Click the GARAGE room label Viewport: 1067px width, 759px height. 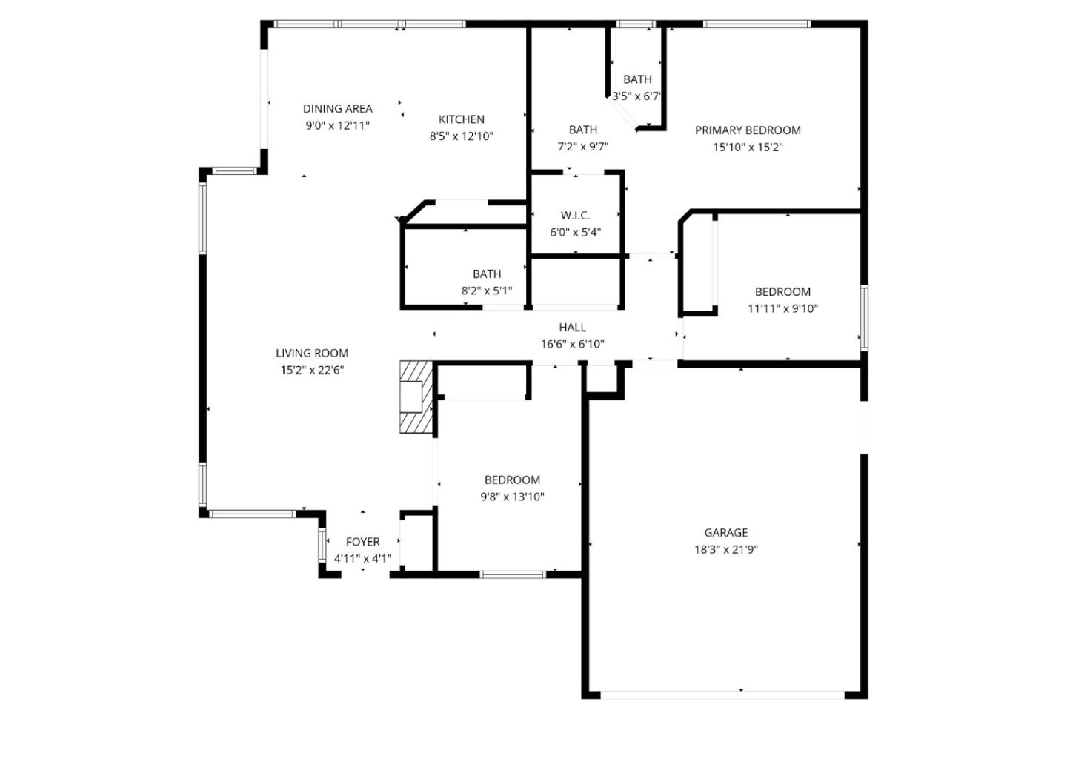pos(725,532)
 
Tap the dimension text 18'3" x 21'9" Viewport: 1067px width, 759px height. pos(725,549)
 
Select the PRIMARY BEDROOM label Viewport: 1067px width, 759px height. pos(748,130)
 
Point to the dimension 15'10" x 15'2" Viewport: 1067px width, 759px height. pos(748,147)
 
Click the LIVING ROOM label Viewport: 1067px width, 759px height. pos(312,354)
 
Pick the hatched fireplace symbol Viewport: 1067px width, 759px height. pos(415,397)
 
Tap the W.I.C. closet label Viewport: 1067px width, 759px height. pos(575,216)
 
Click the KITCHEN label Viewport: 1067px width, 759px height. pos(462,119)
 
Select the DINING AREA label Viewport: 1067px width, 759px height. pos(337,109)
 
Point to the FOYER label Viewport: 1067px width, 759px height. pos(362,542)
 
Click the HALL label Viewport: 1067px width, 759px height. pos(572,327)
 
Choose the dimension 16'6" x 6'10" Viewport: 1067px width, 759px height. pos(572,344)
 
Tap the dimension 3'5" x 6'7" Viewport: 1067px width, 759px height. pos(636,96)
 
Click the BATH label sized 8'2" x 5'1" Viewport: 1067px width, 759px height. pos(487,274)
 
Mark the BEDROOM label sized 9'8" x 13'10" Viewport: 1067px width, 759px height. pos(512,480)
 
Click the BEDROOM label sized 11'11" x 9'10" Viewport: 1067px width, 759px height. pos(782,292)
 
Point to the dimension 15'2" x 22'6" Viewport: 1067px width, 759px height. pos(312,370)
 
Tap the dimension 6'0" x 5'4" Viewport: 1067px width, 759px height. pos(575,232)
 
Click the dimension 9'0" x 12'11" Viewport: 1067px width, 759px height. pos(337,125)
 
